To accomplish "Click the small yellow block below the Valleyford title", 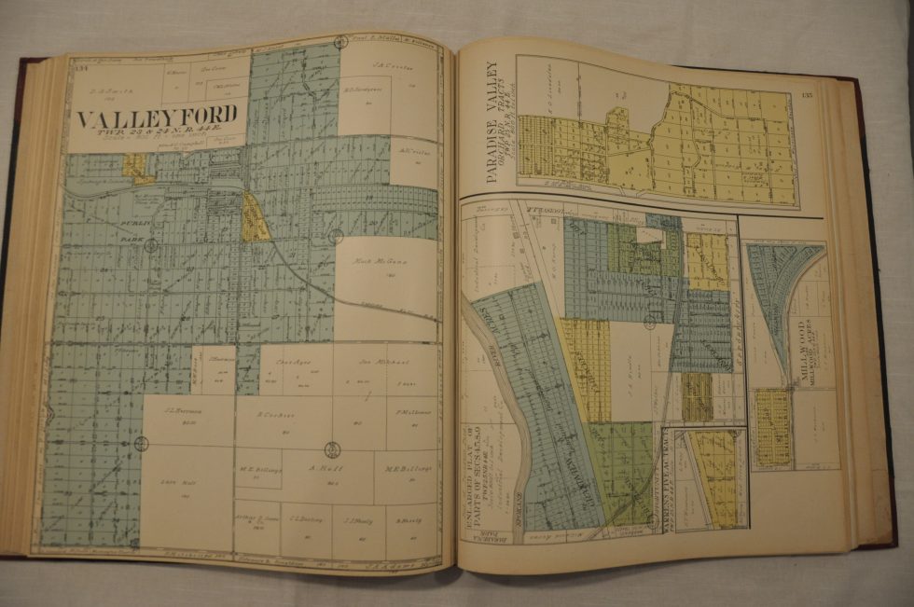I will point(136,168).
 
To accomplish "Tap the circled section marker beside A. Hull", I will point(332,449).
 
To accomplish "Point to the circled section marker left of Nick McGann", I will point(335,237).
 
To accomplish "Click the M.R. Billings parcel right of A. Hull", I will point(407,469).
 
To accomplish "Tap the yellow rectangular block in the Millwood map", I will point(772,427).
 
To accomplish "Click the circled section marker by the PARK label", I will point(151,246).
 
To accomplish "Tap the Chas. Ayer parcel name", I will point(286,363).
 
